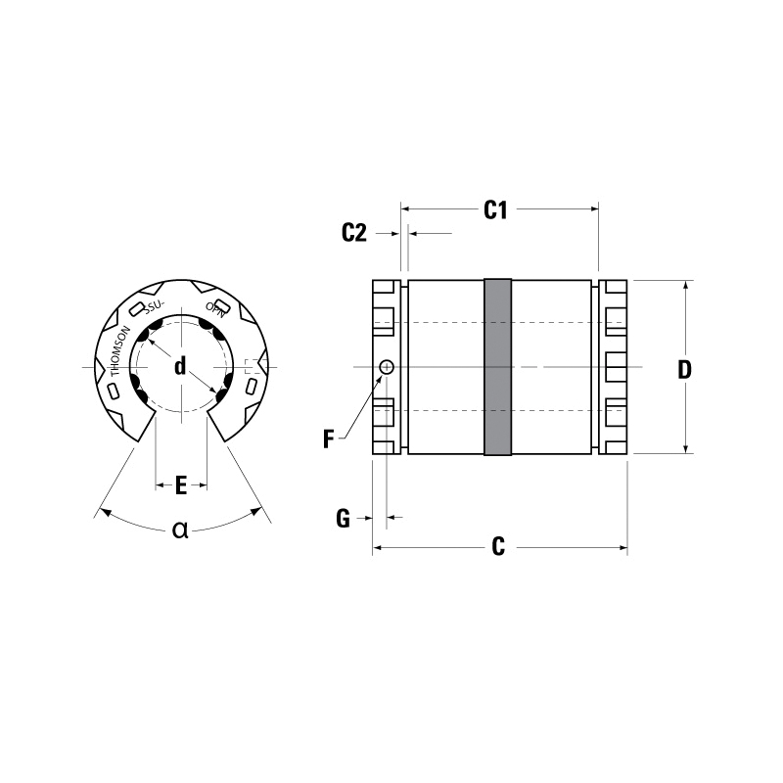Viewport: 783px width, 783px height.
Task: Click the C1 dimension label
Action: click(x=495, y=210)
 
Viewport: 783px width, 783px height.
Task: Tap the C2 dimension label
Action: click(x=354, y=233)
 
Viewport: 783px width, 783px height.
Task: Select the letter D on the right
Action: click(x=684, y=370)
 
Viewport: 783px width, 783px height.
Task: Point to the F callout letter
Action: click(x=328, y=439)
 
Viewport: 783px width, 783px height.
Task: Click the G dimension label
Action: click(x=344, y=519)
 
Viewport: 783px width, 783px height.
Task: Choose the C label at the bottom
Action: click(x=498, y=547)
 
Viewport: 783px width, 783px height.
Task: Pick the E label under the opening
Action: click(x=181, y=485)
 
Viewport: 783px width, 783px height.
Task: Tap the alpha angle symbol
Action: click(x=180, y=530)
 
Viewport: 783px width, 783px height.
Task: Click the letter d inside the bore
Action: click(x=180, y=366)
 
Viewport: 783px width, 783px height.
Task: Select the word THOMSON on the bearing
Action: click(x=119, y=351)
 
